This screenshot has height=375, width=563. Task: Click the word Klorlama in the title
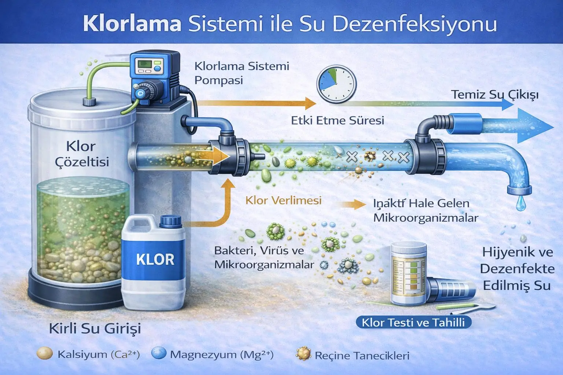click(132, 23)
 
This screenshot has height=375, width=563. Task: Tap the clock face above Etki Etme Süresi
click(336, 84)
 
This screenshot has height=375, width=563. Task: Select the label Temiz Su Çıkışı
click(495, 95)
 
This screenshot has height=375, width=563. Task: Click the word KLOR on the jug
click(155, 259)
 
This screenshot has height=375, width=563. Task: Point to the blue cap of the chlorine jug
click(171, 221)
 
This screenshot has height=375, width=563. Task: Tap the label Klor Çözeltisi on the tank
click(82, 154)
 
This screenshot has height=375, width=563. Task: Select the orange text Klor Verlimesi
click(283, 200)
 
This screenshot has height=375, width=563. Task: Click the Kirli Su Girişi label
click(95, 328)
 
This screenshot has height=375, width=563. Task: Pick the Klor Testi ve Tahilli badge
click(413, 322)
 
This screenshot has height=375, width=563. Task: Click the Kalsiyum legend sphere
click(44, 353)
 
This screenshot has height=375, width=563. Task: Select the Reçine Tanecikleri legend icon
click(303, 354)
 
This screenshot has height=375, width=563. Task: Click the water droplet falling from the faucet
click(520, 203)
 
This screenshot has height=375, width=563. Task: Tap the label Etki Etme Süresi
click(338, 120)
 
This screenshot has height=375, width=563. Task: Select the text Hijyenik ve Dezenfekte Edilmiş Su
click(517, 269)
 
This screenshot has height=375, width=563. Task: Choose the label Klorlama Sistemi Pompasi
click(242, 73)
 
